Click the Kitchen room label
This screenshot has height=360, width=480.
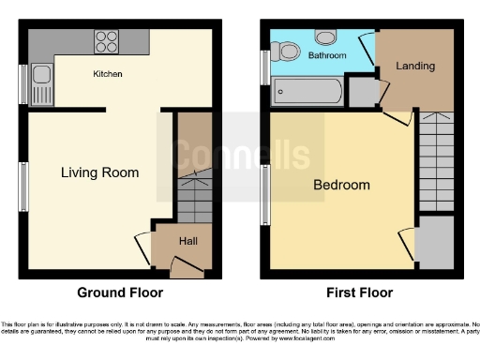click(108, 73)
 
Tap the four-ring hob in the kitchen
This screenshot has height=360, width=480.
click(106, 42)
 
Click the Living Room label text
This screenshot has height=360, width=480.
click(99, 172)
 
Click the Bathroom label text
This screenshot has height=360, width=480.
click(327, 56)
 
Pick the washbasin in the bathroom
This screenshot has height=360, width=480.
click(326, 37)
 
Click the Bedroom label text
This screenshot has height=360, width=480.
click(341, 185)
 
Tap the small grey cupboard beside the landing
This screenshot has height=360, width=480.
click(361, 92)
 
